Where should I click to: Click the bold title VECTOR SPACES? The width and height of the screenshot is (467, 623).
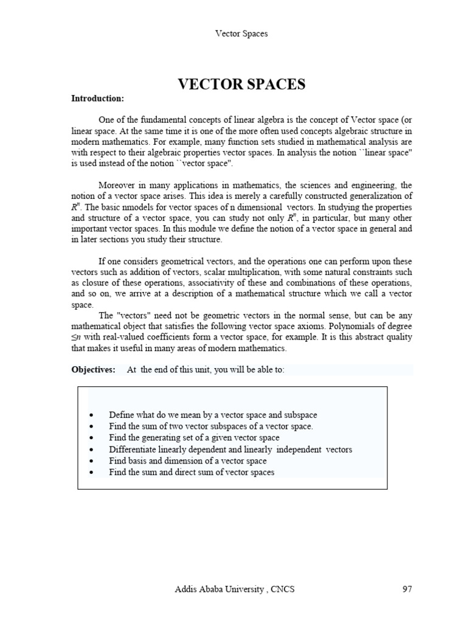point(241,84)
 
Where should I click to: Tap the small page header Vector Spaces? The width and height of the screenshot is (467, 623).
point(241,33)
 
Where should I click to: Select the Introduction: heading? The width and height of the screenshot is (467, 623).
point(97,98)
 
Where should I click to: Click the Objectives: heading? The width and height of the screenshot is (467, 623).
point(93,370)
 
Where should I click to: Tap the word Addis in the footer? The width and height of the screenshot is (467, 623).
point(186,588)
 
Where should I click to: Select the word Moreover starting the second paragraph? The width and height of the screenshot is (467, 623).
point(118,184)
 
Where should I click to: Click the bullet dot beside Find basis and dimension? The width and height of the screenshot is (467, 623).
point(91,461)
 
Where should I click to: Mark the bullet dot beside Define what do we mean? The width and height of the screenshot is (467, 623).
point(91,415)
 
